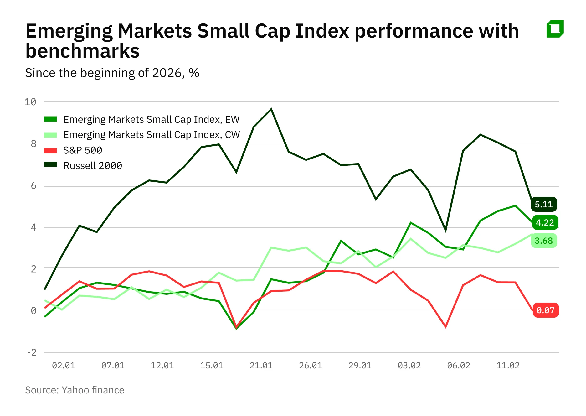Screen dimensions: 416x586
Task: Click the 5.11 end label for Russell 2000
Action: pyautogui.click(x=544, y=204)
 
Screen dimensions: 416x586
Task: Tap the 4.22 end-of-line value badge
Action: pyautogui.click(x=545, y=222)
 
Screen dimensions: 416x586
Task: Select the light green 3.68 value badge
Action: pyautogui.click(x=544, y=241)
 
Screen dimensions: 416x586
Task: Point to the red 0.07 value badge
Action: pyautogui.click(x=545, y=310)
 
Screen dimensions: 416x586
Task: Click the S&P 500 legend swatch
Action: pyautogui.click(x=50, y=150)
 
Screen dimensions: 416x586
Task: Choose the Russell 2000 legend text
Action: pyautogui.click(x=93, y=165)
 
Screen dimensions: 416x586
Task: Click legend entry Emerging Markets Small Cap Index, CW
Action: pyautogui.click(x=152, y=135)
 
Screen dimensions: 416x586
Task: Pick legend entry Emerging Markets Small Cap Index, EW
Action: pyautogui.click(x=151, y=119)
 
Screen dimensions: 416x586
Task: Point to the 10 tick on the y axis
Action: pyautogui.click(x=30, y=102)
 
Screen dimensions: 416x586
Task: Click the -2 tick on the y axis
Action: pyautogui.click(x=32, y=352)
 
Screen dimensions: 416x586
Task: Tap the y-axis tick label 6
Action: pyautogui.click(x=33, y=186)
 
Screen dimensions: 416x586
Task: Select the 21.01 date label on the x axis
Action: pyautogui.click(x=261, y=365)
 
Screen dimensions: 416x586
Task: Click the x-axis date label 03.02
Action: pyautogui.click(x=409, y=365)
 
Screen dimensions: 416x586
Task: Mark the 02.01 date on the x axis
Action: pyautogui.click(x=64, y=365)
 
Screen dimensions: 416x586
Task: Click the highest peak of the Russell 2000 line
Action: pyautogui.click(x=271, y=109)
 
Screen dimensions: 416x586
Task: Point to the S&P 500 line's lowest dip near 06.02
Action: pyautogui.click(x=445, y=327)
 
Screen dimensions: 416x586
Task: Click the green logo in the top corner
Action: pyautogui.click(x=555, y=29)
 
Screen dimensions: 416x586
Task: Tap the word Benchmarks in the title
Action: pyautogui.click(x=82, y=51)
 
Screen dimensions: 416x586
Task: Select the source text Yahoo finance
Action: pyautogui.click(x=93, y=390)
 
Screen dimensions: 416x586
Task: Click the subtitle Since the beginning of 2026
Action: pyautogui.click(x=103, y=73)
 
